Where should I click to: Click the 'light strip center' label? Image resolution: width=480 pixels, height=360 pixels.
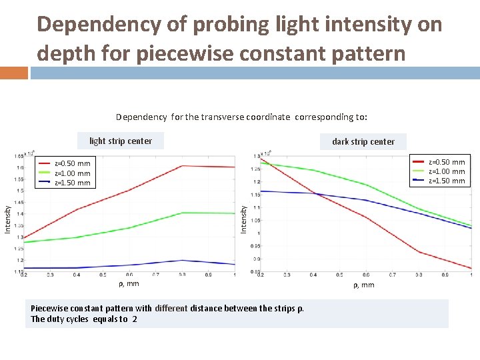(121, 141)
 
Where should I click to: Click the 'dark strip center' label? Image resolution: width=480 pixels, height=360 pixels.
(363, 141)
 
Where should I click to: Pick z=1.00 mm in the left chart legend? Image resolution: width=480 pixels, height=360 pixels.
(72, 173)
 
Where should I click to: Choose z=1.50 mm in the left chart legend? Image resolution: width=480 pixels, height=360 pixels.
(72, 183)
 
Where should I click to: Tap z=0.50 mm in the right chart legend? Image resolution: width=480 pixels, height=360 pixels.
(447, 162)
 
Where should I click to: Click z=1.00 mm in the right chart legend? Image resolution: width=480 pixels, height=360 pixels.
(447, 171)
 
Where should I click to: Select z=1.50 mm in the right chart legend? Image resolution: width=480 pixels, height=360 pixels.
(447, 181)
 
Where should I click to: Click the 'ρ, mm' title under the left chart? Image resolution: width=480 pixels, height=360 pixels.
(129, 283)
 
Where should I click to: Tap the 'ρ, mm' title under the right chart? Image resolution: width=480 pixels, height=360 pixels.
(363, 285)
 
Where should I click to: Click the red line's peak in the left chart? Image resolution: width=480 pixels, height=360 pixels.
(182, 165)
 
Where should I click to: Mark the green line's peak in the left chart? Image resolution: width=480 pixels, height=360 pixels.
(182, 213)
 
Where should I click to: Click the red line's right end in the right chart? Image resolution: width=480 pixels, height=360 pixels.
(471, 269)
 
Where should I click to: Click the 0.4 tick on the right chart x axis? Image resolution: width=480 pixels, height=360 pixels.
(313, 275)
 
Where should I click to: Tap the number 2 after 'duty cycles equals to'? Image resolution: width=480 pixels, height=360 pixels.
(135, 319)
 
